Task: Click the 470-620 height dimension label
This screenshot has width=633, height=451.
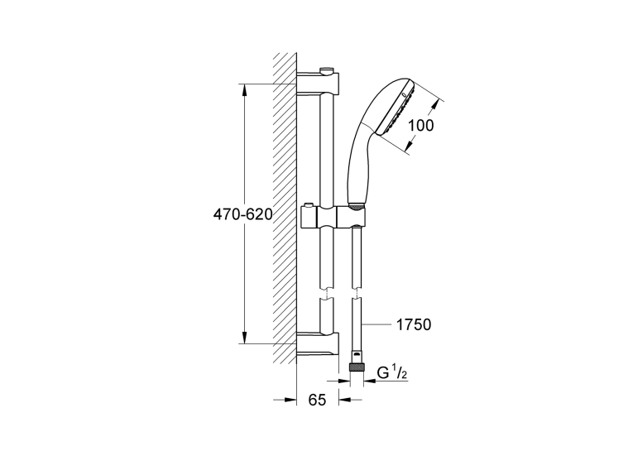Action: click(x=243, y=214)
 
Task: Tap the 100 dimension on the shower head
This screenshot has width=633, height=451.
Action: click(x=420, y=125)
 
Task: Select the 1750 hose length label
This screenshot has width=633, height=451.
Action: click(x=414, y=324)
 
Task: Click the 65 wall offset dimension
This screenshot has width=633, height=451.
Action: click(x=317, y=400)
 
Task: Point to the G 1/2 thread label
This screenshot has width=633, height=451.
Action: click(x=391, y=373)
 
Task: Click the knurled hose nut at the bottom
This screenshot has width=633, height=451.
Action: click(x=357, y=367)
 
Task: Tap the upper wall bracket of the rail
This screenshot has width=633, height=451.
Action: click(x=318, y=83)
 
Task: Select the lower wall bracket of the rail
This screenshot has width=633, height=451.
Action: click(x=318, y=344)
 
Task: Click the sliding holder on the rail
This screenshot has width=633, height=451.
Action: click(x=333, y=218)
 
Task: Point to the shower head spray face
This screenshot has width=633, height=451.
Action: click(x=396, y=108)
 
